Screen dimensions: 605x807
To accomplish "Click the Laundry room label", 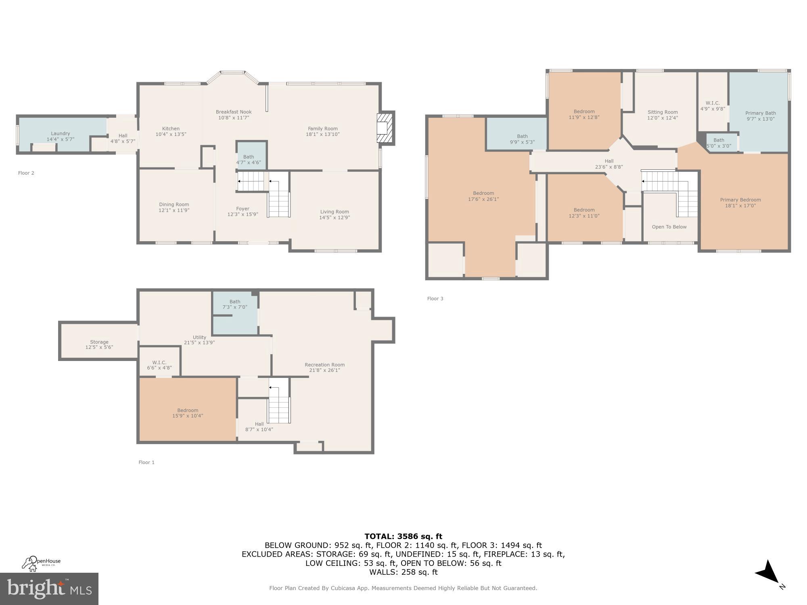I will [x=61, y=134].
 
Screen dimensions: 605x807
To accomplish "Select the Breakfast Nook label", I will [x=234, y=112].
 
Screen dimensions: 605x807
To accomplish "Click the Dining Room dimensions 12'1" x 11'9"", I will [x=174, y=211].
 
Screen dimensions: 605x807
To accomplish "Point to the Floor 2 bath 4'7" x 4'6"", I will [x=249, y=160].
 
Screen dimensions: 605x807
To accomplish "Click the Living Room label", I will [x=335, y=212].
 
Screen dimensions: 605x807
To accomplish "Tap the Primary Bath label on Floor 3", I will [x=760, y=113].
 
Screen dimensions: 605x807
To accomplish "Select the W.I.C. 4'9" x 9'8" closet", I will [x=713, y=106].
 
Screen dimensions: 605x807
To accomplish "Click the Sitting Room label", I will [x=663, y=113].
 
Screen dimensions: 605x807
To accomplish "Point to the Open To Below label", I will [x=669, y=227].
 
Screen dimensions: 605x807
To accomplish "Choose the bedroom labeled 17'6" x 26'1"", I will [x=483, y=196].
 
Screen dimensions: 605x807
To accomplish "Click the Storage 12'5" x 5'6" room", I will [x=99, y=344].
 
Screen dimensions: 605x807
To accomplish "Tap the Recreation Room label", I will [x=324, y=365].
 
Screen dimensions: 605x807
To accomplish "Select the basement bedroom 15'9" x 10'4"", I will [x=188, y=413].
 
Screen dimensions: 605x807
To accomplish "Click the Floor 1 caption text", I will [x=146, y=463].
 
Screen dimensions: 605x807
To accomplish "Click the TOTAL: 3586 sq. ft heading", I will [x=403, y=536].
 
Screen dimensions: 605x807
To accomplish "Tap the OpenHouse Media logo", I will [x=41, y=563].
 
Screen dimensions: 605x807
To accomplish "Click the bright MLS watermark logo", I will [x=49, y=589].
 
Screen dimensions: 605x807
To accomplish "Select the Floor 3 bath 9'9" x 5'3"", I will [x=522, y=139].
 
